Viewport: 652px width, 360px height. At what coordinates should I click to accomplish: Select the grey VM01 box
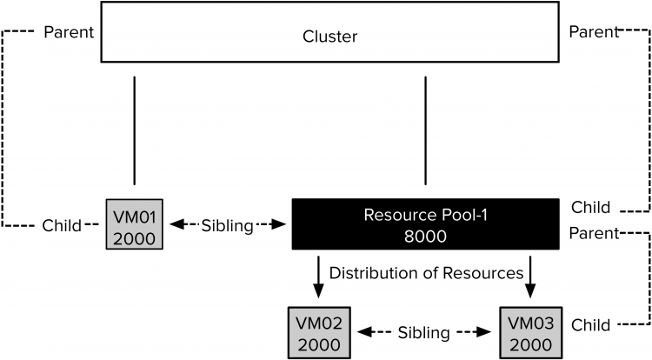(134, 225)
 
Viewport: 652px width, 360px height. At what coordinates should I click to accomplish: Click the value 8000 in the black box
(425, 237)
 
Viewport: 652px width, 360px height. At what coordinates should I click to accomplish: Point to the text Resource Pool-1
(425, 215)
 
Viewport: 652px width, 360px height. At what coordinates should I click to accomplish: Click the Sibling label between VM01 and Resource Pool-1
(227, 225)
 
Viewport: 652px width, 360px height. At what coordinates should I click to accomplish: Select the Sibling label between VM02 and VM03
(423, 332)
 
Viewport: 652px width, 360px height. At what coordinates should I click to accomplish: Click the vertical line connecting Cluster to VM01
(135, 130)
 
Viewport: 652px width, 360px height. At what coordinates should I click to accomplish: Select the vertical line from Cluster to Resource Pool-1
(425, 130)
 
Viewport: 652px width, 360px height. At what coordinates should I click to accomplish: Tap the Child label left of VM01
(63, 225)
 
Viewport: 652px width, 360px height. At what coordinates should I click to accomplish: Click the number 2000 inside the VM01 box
(134, 236)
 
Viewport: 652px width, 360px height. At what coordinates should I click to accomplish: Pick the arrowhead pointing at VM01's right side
(174, 225)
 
